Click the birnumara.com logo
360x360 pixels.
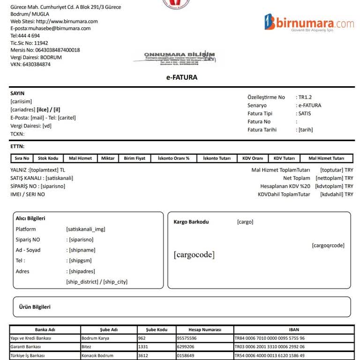(309, 22)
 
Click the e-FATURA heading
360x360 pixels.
(182, 77)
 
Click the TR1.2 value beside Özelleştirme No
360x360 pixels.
(305, 97)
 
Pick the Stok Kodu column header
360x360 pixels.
(48, 158)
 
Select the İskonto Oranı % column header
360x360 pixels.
(173, 158)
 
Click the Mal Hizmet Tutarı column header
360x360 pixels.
(326, 158)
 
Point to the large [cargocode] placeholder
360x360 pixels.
(194, 255)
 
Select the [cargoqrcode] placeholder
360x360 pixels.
(328, 245)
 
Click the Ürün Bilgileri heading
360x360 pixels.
(35, 307)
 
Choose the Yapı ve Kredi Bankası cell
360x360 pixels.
(31, 338)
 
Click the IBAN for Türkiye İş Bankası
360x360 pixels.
(270, 356)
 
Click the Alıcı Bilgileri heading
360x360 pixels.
(30, 218)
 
